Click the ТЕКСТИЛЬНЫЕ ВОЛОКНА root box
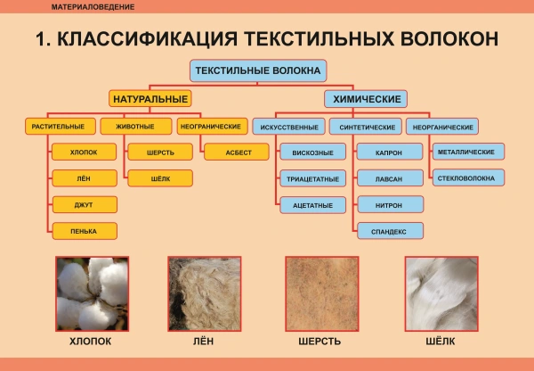click(258, 70)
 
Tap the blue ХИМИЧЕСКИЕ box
click(365, 98)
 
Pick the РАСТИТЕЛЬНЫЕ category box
click(58, 126)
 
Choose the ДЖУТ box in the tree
click(84, 204)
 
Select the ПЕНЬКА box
click(84, 230)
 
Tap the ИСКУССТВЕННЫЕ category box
click(287, 127)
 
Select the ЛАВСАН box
click(389, 178)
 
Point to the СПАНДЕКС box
click(389, 230)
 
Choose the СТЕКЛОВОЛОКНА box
click(466, 178)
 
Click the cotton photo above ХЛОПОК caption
click(92, 293)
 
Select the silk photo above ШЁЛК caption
click(441, 293)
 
